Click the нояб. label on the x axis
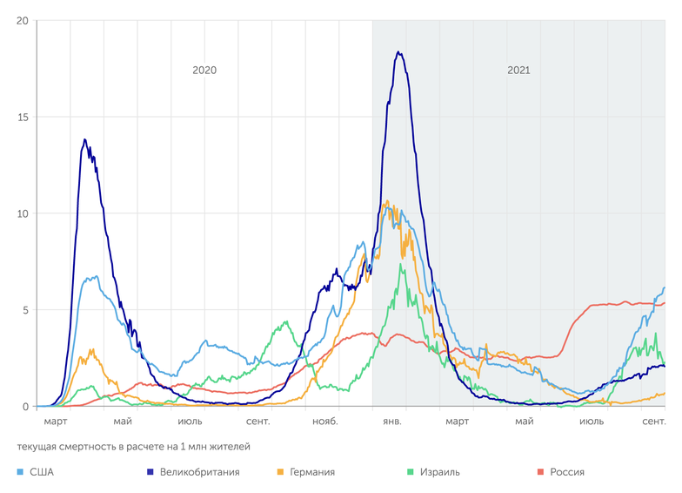point(325,422)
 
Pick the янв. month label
point(391,422)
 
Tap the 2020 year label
point(204,71)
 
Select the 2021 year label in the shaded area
point(518,71)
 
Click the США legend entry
point(41,472)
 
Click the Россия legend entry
point(566,472)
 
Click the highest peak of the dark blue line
point(398,52)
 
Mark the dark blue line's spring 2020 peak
point(84,139)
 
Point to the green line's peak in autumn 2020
point(286,322)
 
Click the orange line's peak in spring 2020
point(91,350)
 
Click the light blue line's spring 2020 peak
point(95,276)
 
